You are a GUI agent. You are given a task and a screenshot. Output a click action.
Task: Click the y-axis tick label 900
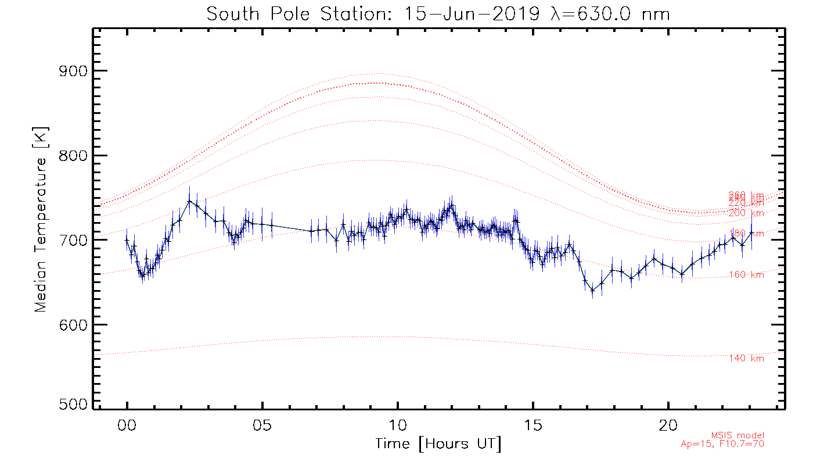tap(73, 71)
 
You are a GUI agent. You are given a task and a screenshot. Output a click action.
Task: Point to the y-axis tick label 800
tap(73, 156)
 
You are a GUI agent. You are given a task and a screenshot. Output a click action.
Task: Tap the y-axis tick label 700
tap(73, 240)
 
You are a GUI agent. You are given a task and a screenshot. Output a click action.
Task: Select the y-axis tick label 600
tap(73, 324)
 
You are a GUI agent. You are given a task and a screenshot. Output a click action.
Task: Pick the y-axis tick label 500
tap(73, 405)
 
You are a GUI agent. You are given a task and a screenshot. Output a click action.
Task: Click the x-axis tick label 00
tap(127, 425)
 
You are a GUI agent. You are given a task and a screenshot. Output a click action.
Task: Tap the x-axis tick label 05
tap(262, 425)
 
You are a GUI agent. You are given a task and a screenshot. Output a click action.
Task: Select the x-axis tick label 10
tap(398, 425)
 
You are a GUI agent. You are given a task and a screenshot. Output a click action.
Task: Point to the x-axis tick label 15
tap(533, 425)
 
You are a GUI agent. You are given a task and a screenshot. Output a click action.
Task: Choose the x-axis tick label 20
tap(668, 425)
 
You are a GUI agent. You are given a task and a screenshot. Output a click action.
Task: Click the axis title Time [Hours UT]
tap(438, 445)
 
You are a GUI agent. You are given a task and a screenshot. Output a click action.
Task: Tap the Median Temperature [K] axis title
tap(41, 220)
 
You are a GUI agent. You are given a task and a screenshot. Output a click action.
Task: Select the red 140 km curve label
tap(746, 359)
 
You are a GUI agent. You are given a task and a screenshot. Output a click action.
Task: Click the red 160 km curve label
tap(746, 275)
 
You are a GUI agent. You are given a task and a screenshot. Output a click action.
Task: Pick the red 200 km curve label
tap(746, 213)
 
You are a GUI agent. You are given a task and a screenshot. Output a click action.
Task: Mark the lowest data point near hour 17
tap(592, 290)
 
